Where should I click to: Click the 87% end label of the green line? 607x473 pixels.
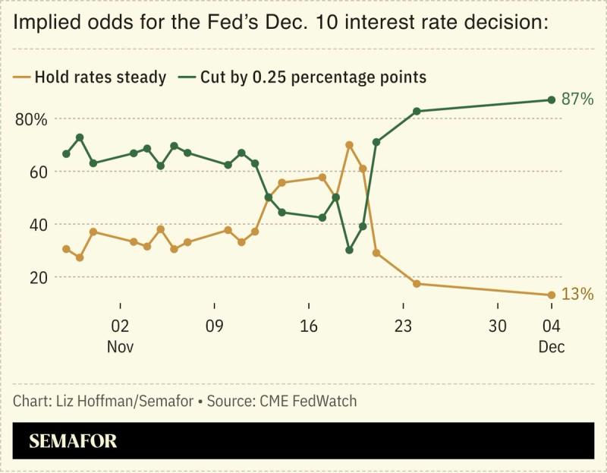pyautogui.click(x=577, y=99)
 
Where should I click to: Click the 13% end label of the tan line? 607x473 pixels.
pyautogui.click(x=577, y=295)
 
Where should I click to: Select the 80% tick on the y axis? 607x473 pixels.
pyautogui.click(x=31, y=120)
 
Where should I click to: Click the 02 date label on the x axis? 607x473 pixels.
pyautogui.click(x=120, y=328)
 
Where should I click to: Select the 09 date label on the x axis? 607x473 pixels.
pyautogui.click(x=215, y=328)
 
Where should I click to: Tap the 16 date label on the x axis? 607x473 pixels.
pyautogui.click(x=309, y=328)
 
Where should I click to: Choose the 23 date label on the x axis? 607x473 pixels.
pyautogui.click(x=403, y=328)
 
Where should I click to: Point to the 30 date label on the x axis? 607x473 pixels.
pyautogui.click(x=498, y=328)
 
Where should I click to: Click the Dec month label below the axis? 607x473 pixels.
pyautogui.click(x=552, y=346)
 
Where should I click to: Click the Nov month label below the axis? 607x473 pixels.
pyautogui.click(x=120, y=346)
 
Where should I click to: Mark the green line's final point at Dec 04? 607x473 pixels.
pyautogui.click(x=552, y=100)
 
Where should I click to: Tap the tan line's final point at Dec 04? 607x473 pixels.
pyautogui.click(x=552, y=295)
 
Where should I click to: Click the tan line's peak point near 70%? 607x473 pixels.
pyautogui.click(x=349, y=144)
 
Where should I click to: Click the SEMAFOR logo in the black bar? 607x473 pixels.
pyautogui.click(x=73, y=441)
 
